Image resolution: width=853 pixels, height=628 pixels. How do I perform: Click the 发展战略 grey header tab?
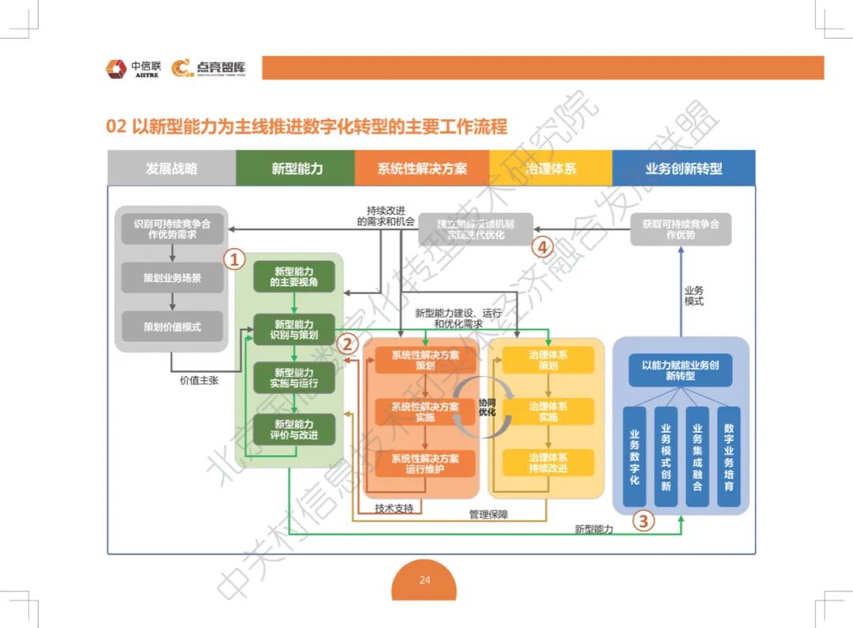tap(171, 168)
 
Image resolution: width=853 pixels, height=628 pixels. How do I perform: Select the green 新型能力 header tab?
tap(296, 168)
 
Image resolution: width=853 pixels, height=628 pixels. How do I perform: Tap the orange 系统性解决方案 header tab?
tap(422, 168)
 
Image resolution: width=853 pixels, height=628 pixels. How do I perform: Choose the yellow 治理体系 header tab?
tap(551, 168)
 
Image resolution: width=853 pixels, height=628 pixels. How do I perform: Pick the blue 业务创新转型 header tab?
tap(683, 168)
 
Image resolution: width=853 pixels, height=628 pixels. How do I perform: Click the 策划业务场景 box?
tap(172, 278)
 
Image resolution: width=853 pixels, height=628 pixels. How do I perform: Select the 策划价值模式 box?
tap(172, 326)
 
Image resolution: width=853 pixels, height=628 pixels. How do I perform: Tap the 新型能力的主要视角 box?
tap(294, 276)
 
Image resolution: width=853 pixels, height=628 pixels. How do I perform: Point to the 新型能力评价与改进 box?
tap(294, 430)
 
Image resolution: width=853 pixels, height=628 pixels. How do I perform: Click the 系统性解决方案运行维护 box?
tap(425, 463)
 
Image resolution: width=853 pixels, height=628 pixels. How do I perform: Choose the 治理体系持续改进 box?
tap(548, 463)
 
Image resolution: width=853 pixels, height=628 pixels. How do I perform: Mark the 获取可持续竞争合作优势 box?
tap(681, 229)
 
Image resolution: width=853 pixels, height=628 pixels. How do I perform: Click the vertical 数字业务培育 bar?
tap(728, 457)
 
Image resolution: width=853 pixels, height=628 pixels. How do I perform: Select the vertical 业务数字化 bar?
tap(634, 457)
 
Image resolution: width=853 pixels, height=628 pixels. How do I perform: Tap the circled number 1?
tap(235, 259)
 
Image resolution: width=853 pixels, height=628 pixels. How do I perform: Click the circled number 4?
tap(541, 247)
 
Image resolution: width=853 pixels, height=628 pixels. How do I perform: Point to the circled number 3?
tap(644, 521)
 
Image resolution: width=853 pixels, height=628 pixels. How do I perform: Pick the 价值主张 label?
tap(199, 380)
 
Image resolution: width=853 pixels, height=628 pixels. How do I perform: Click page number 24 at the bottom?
tap(424, 581)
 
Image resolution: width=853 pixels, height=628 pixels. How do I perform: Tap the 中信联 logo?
tap(133, 69)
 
